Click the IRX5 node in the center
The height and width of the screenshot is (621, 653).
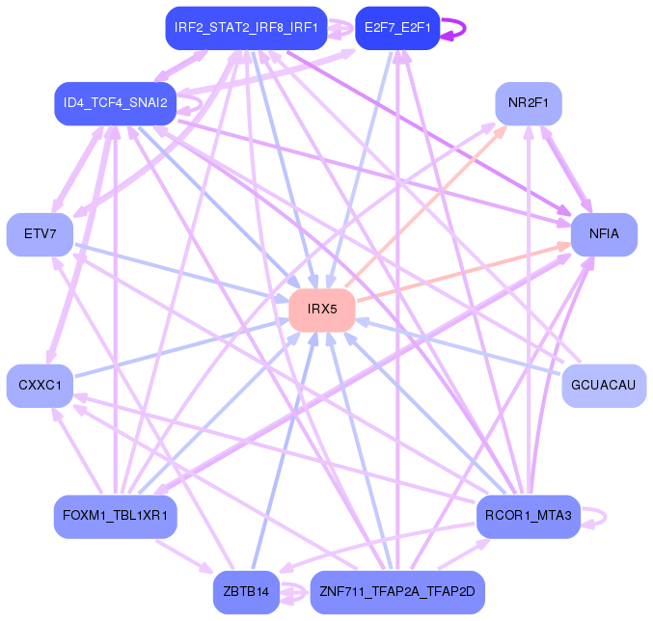[322, 310]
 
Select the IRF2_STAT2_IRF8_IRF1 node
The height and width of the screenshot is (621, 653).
[246, 27]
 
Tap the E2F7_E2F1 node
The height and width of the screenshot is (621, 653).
[396, 27]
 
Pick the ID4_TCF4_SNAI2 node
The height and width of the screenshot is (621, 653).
[116, 103]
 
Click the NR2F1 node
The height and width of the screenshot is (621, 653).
[529, 103]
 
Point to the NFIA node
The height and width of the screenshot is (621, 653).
[604, 234]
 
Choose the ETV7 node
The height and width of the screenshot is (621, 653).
[40, 234]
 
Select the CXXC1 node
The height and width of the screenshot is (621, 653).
[40, 386]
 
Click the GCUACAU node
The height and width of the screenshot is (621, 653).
[604, 386]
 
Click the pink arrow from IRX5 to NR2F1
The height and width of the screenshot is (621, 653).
[424, 210]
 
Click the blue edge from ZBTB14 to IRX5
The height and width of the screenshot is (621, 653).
[285, 448]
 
